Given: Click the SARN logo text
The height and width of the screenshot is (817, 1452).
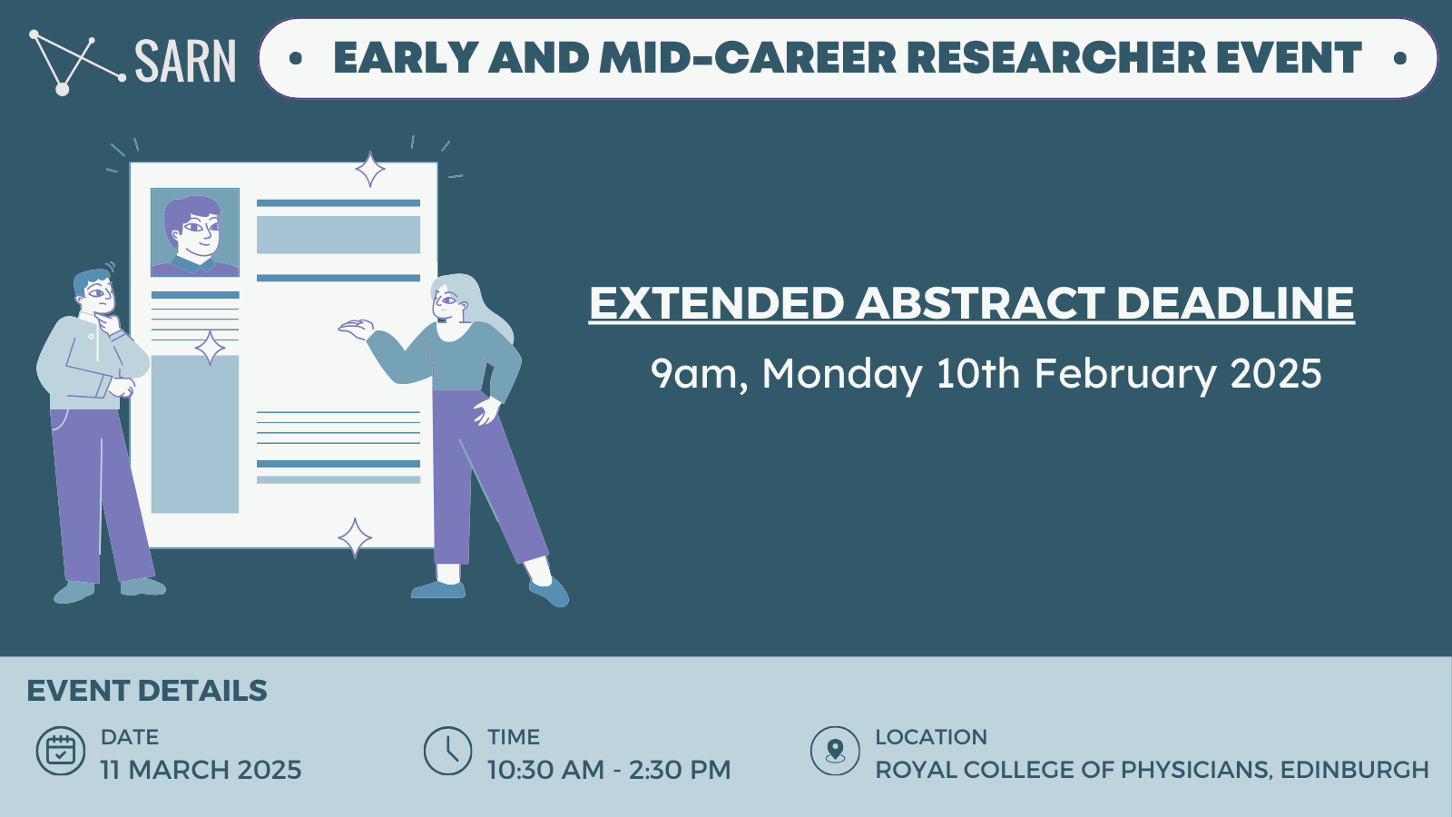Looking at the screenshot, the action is [x=185, y=60].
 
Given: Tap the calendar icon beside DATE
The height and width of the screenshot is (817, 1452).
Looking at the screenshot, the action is [x=60, y=751].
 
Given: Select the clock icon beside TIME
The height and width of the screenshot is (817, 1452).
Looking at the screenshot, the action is [x=448, y=751].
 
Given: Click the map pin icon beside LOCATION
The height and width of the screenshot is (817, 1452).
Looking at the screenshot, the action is [x=835, y=751].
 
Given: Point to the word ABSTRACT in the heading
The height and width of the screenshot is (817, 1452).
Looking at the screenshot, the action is [x=979, y=303].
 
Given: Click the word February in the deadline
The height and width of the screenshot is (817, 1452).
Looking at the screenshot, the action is [x=1125, y=374].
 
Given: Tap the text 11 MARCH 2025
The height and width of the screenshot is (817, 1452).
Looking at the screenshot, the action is [x=201, y=770].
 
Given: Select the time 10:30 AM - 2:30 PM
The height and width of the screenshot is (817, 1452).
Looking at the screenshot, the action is [x=609, y=770].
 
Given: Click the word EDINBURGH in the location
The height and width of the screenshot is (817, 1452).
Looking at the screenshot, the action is [x=1355, y=770].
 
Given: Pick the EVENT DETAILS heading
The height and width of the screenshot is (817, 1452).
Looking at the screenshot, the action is [x=147, y=691].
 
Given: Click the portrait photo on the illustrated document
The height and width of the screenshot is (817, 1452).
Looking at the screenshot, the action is [x=195, y=232].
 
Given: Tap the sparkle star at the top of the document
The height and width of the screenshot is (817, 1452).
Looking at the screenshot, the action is [x=370, y=169].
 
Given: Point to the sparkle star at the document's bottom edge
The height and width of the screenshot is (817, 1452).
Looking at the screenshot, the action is [x=355, y=537].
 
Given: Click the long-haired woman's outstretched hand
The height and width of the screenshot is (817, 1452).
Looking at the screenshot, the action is [x=356, y=329].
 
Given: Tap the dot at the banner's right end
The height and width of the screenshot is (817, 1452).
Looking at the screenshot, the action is [x=1400, y=58].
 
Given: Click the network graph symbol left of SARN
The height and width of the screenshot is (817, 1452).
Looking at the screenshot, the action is [x=76, y=63].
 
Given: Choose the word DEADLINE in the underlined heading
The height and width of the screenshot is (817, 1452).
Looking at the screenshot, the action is [x=1235, y=303].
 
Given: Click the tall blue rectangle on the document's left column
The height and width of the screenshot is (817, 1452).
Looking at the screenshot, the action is [x=195, y=435].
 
